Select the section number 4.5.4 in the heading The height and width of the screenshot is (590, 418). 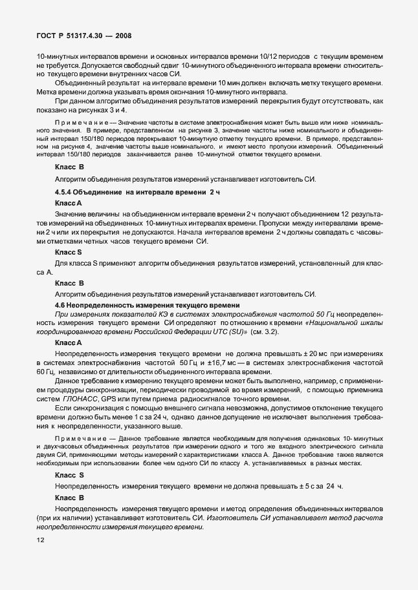point(67,193)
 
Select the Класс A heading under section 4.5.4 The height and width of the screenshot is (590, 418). point(69,203)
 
